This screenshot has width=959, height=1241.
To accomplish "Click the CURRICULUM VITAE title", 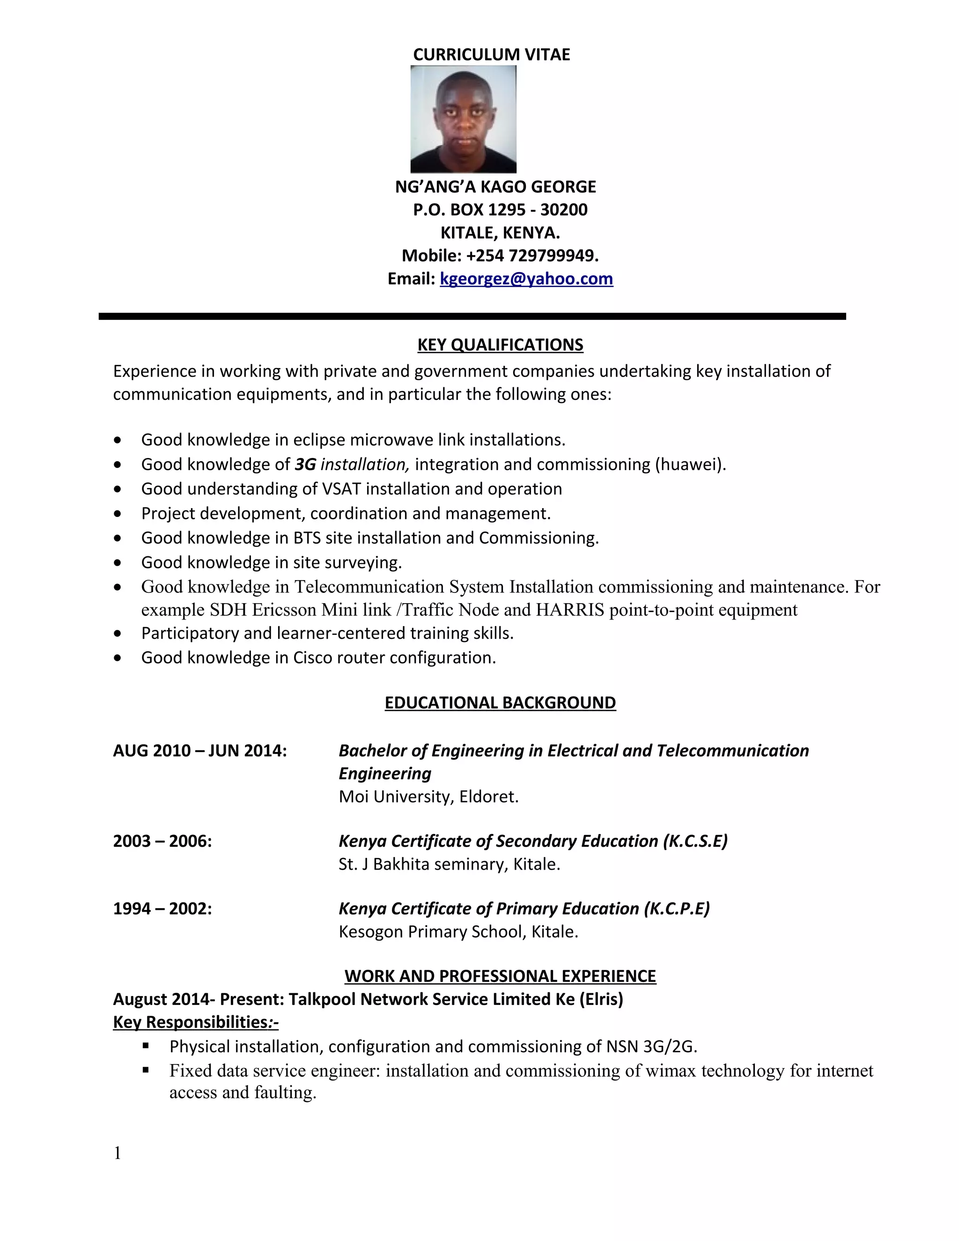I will pyautogui.click(x=491, y=54).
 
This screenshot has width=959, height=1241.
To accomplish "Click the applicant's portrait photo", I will pyautogui.click(x=463, y=119).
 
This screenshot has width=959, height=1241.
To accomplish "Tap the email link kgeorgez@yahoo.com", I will pyautogui.click(x=526, y=279).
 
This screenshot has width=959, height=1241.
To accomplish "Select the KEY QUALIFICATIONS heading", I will pyautogui.click(x=500, y=345).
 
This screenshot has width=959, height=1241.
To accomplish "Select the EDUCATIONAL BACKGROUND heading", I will pyautogui.click(x=500, y=703).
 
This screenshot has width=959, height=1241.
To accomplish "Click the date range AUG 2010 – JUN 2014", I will pyautogui.click(x=200, y=751).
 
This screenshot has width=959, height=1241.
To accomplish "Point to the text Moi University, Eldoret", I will pyautogui.click(x=428, y=797).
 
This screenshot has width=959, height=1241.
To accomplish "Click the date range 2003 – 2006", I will pyautogui.click(x=162, y=841).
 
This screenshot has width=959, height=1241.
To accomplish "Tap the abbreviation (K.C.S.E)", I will pyautogui.click(x=695, y=841).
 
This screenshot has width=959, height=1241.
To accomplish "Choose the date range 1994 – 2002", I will pyautogui.click(x=162, y=909).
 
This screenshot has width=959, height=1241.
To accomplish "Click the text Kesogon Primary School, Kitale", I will pyautogui.click(x=458, y=932).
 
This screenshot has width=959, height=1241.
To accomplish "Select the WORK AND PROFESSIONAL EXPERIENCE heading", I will pyautogui.click(x=500, y=976).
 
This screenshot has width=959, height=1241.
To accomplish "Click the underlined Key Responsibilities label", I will pyautogui.click(x=195, y=1022).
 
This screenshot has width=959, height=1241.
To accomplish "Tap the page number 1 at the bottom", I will pyautogui.click(x=118, y=1153).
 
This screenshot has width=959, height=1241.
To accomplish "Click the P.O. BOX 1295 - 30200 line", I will pyautogui.click(x=500, y=210).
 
